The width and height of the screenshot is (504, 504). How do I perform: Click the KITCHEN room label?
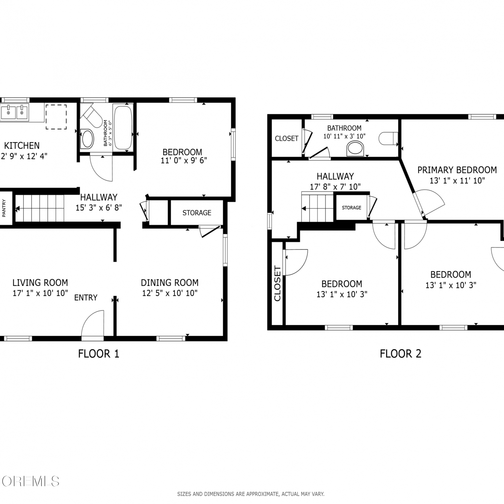click(22, 145)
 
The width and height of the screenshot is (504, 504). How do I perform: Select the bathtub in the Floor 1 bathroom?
click(123, 127)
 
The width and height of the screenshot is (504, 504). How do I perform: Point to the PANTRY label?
click(4, 208)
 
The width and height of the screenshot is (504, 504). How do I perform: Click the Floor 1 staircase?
click(40, 208)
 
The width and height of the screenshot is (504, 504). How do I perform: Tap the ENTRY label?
click(86, 298)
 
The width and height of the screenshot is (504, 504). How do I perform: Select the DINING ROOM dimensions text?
click(170, 293)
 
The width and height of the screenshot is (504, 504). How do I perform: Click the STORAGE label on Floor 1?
click(197, 213)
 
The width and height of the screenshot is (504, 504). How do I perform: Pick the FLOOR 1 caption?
click(99, 354)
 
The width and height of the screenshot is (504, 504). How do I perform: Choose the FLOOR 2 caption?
click(401, 354)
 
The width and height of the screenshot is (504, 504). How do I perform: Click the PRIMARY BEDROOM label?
click(457, 170)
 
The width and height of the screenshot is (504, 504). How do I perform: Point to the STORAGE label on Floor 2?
click(351, 208)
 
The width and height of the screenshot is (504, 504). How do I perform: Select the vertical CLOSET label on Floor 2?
click(278, 284)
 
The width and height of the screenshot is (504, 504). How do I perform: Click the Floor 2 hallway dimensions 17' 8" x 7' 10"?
click(335, 187)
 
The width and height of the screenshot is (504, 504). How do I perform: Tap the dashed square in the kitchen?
click(56, 117)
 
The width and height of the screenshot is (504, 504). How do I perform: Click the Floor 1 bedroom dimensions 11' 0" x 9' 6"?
click(184, 161)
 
